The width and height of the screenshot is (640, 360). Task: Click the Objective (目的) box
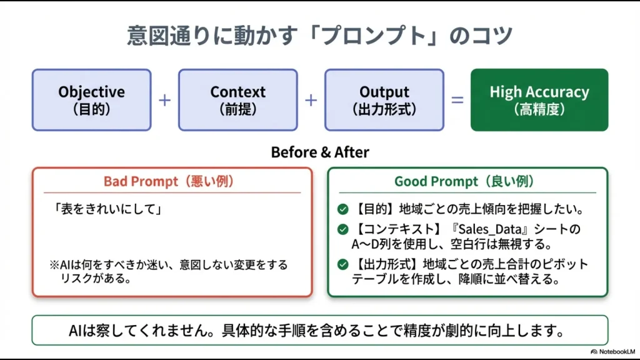(x=91, y=100)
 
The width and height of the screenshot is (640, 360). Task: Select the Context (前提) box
(x=238, y=100)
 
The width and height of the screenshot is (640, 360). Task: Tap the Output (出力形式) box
(x=384, y=100)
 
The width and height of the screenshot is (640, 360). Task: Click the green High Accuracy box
(x=539, y=100)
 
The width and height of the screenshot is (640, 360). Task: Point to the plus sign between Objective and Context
(x=164, y=100)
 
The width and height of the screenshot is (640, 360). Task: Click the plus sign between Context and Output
(x=311, y=100)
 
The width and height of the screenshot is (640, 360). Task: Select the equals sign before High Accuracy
(x=457, y=100)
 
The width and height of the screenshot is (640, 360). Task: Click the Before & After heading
(x=319, y=152)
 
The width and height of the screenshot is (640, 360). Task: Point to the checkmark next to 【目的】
(x=342, y=210)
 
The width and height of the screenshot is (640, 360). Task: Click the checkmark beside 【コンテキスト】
(x=342, y=229)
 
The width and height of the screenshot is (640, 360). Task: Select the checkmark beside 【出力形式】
(x=342, y=264)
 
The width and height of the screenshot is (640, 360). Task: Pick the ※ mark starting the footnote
(x=54, y=265)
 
